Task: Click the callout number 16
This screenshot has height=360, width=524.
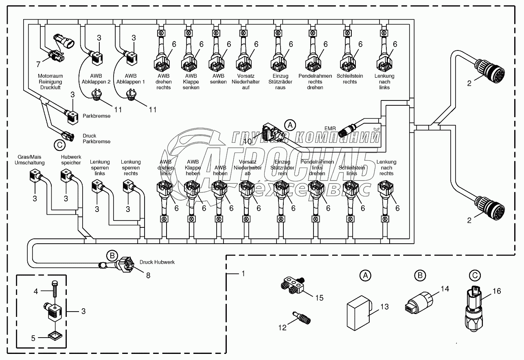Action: point(496,291)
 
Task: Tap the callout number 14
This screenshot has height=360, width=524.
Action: point(445,289)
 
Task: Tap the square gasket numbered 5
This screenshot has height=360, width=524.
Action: point(55,335)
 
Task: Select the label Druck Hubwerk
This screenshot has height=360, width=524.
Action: point(157,262)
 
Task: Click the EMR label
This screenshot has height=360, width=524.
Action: point(331,129)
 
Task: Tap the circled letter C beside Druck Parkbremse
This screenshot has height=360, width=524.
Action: point(59,144)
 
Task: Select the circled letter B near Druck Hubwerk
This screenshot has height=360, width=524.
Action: point(111,256)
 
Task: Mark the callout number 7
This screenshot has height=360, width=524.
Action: point(38,65)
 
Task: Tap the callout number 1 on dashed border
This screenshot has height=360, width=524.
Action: point(243,274)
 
